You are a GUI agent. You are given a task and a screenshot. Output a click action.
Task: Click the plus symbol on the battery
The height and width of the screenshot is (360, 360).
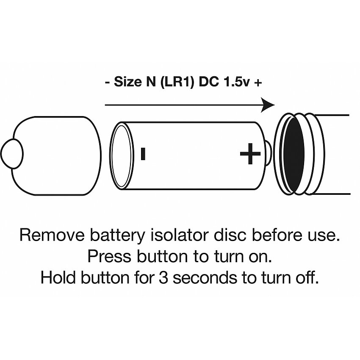click(250, 154)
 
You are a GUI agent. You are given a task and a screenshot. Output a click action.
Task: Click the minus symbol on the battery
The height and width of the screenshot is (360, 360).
click(143, 154)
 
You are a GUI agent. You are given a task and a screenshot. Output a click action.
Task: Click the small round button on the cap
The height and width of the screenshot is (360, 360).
click(12, 153)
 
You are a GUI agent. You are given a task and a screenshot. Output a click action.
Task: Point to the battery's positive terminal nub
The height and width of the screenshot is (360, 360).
click(269, 153)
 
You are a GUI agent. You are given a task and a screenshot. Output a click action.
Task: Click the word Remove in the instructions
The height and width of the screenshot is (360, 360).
click(52, 235)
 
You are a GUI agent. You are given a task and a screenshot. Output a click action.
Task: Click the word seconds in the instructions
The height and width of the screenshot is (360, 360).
click(205, 277)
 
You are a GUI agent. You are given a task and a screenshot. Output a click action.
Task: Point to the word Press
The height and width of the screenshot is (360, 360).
click(109, 256)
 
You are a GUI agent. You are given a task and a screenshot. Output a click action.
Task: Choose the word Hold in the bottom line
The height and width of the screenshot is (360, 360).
click(58, 277)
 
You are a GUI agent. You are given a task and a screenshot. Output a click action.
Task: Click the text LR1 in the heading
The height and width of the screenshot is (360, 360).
click(177, 82)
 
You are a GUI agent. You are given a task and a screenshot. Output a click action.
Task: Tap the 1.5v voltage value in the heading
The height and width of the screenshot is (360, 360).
click(236, 82)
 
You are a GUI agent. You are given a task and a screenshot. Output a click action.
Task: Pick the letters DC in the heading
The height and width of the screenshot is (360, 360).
click(209, 82)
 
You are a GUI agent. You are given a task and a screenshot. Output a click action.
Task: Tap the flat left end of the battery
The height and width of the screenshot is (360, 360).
click(122, 156)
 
